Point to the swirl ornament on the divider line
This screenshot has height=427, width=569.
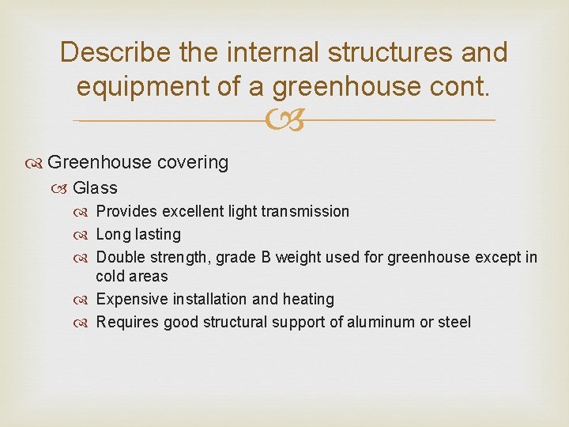pos(284,120)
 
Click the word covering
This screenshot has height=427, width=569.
pos(193,163)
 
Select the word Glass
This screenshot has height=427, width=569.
pos(95,188)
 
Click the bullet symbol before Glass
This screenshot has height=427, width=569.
pos(62,188)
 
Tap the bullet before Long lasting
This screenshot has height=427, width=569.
pos(85,235)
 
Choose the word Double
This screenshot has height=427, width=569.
pos(120,258)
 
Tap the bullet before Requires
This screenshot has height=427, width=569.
pos(85,323)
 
